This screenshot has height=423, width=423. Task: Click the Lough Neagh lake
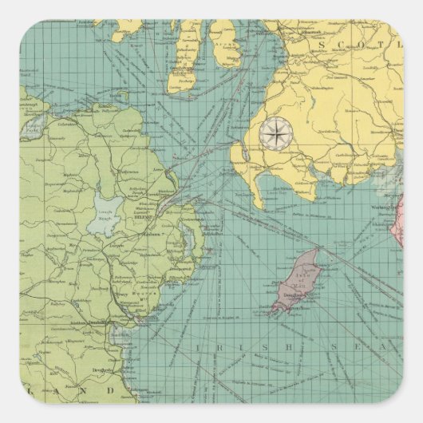tap(108, 214)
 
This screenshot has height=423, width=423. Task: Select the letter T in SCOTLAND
tap(386, 37)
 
